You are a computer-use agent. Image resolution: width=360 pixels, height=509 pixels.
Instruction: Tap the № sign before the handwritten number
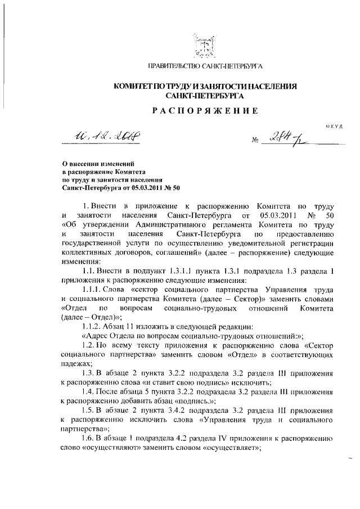251,142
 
